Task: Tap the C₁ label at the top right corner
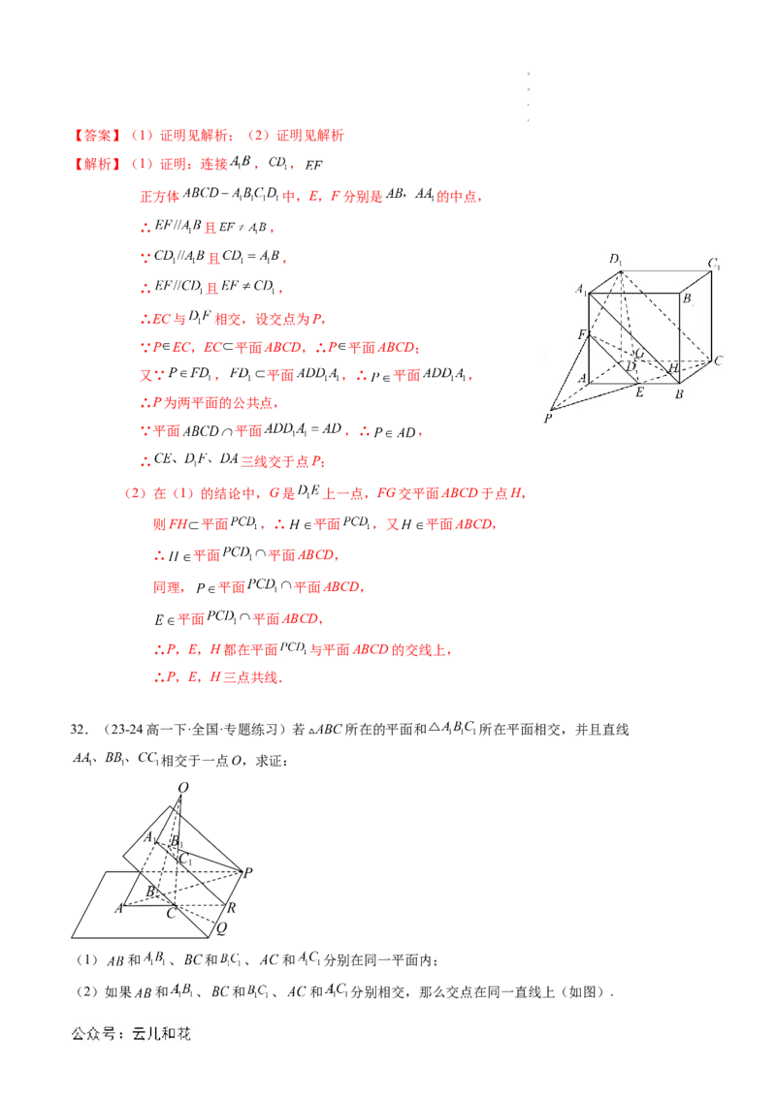(x=713, y=263)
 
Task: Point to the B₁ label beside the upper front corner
(x=687, y=299)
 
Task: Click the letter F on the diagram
(x=582, y=335)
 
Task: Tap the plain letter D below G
(x=630, y=366)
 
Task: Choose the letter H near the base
(x=673, y=368)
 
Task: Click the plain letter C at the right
(x=719, y=360)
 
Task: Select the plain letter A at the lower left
(x=584, y=380)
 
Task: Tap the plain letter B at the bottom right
(x=680, y=394)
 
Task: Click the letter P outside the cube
(x=548, y=419)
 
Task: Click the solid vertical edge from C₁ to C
(x=714, y=315)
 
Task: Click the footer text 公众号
(x=93, y=1034)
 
